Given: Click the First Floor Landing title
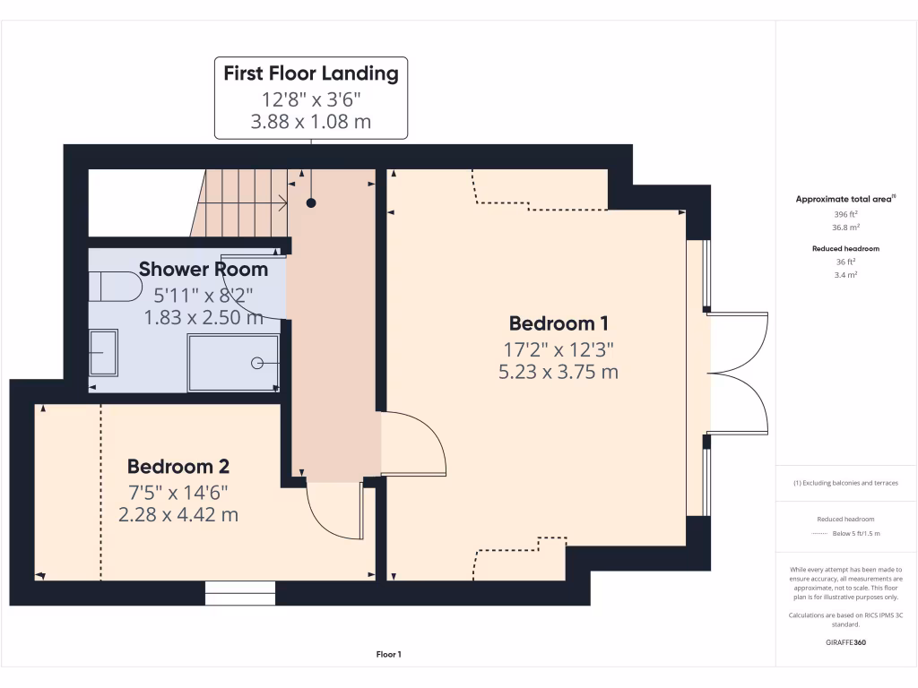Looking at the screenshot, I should pos(311,73).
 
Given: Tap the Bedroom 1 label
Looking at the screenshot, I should pos(552,323).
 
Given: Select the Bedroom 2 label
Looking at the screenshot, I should pos(178,467).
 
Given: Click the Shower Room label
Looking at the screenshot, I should pos(204,270).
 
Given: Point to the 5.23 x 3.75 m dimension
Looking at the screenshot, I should pos(558,371).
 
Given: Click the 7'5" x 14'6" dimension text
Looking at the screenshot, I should pos(178,492).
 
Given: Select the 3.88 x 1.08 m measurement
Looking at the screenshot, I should pos(311,121).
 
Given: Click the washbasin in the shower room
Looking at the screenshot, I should pos(102,353).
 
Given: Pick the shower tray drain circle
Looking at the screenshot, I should pos(257,362).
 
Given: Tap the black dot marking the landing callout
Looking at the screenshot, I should pos(311,203).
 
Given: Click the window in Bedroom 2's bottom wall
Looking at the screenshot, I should pos(240,592).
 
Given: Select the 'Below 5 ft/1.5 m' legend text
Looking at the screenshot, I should pos(856,533).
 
